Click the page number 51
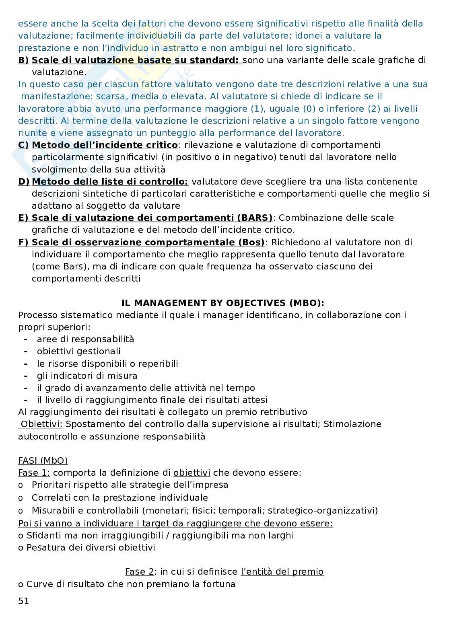(x=23, y=601)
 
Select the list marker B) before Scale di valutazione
(x=23, y=60)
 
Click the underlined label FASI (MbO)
(x=43, y=460)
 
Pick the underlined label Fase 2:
(x=141, y=571)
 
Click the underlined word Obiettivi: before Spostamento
(x=41, y=424)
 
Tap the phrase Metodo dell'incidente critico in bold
(x=105, y=145)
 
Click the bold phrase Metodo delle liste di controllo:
(x=110, y=181)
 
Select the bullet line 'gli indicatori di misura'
(x=87, y=376)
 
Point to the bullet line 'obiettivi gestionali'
(x=78, y=351)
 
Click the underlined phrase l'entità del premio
(x=282, y=571)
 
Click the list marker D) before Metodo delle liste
(x=23, y=181)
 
